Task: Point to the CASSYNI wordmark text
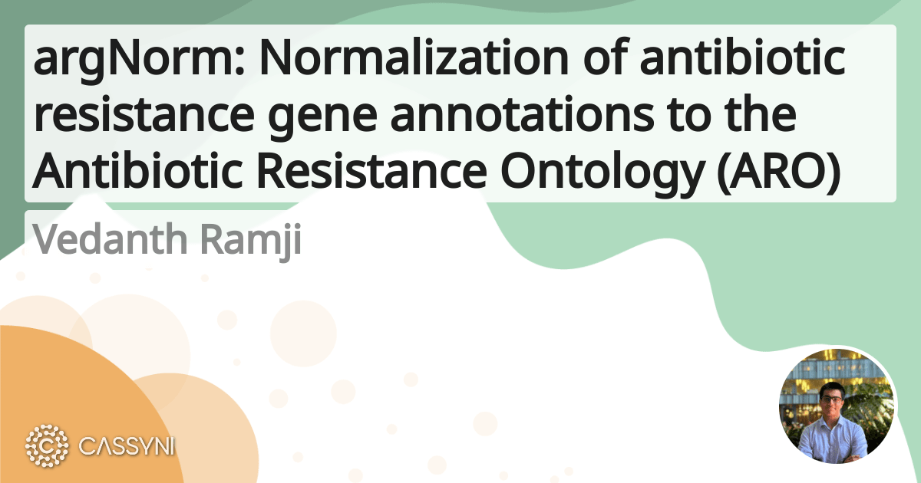tap(127, 445)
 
